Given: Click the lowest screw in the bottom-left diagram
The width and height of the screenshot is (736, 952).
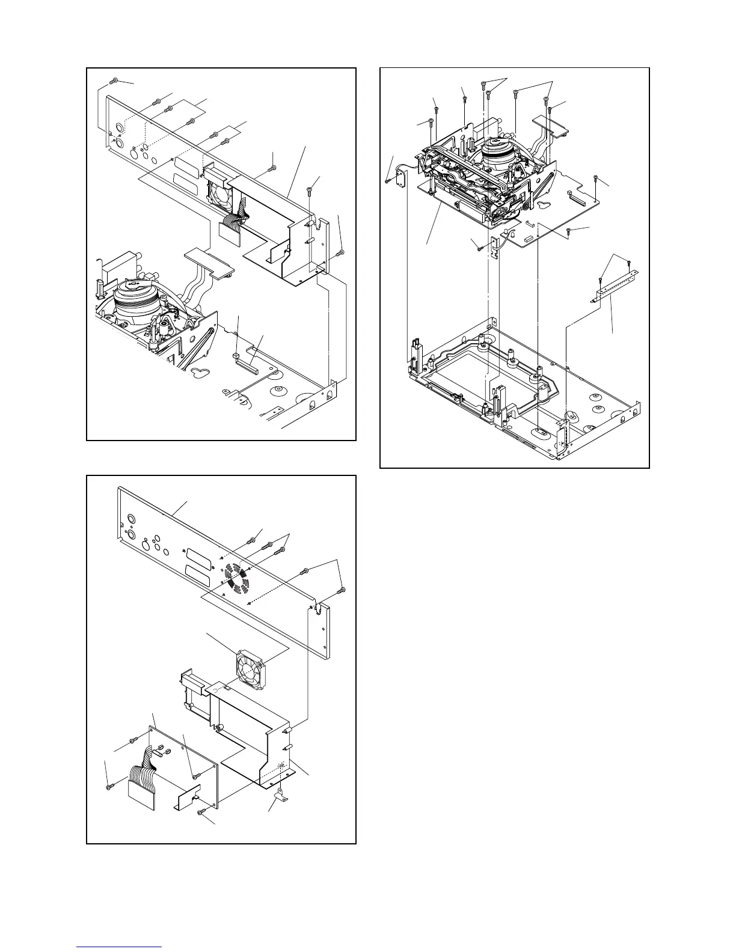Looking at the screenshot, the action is (x=201, y=812).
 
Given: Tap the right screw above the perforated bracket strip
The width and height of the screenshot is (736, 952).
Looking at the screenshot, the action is (x=628, y=263).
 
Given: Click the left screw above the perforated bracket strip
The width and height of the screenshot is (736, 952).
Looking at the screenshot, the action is (x=601, y=281).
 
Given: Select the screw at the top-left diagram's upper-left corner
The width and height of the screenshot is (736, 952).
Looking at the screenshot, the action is (x=114, y=81).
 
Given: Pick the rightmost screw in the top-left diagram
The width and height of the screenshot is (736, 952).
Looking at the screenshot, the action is (x=342, y=252).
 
